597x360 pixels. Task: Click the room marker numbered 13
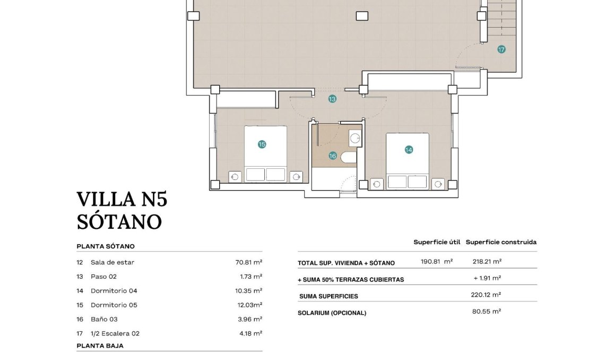332,99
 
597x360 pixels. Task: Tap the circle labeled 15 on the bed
262,144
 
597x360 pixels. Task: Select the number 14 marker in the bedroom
408,150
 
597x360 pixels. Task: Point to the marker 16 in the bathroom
333,156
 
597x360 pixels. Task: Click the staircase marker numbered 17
501,49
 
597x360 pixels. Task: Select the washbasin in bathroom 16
354,139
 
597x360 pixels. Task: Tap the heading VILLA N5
122,199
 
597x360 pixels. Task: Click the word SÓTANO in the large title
119,221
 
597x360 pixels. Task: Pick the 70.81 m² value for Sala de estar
249,262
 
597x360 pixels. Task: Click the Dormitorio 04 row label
114,291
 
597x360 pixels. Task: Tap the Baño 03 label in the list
104,320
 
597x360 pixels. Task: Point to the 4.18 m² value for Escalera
251,334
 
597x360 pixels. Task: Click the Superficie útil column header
436,242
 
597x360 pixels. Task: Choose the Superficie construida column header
501,242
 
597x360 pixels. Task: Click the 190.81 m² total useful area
436,262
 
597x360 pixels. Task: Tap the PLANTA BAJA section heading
100,346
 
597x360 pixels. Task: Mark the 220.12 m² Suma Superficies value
487,295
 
